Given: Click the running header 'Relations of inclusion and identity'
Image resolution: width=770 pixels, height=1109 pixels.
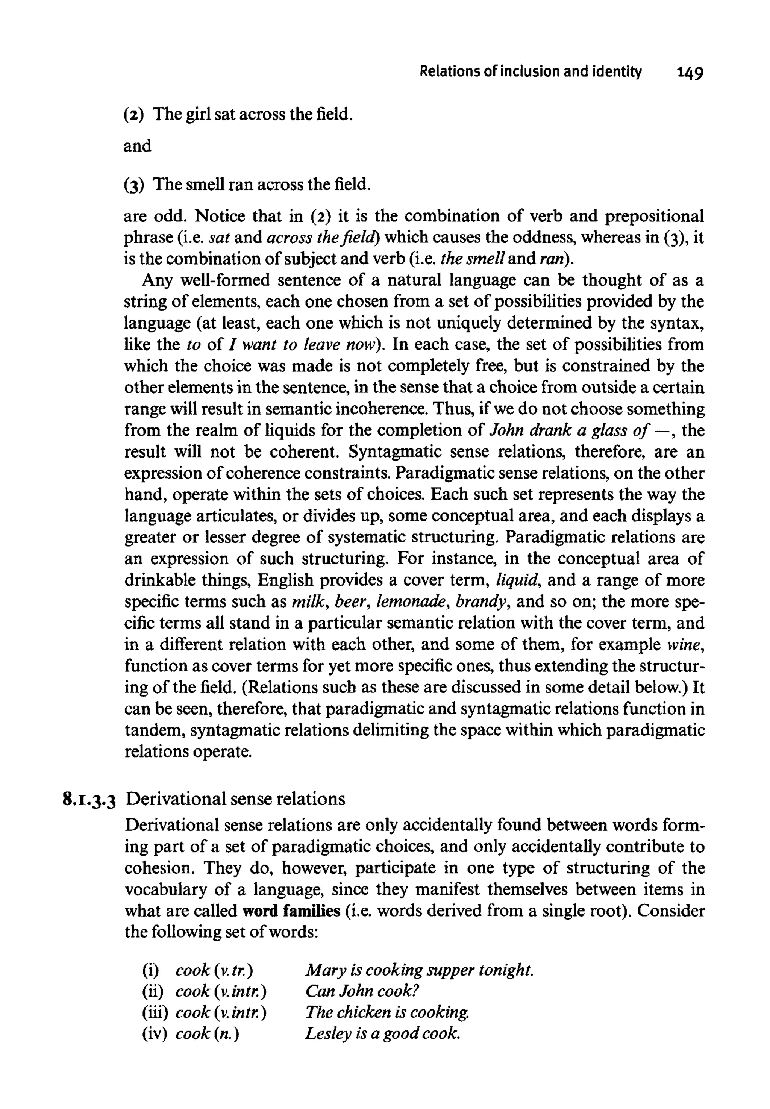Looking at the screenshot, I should (531, 72).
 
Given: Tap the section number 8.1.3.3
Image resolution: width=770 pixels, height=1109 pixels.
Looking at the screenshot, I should (90, 799).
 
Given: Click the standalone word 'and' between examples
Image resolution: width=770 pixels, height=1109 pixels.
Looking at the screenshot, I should (138, 146).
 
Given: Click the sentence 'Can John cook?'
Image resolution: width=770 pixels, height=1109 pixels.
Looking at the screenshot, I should (362, 991).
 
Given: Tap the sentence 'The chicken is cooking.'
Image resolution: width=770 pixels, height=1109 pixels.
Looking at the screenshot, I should (387, 1012).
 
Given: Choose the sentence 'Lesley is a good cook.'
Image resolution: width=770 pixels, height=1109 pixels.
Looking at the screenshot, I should (383, 1033).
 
